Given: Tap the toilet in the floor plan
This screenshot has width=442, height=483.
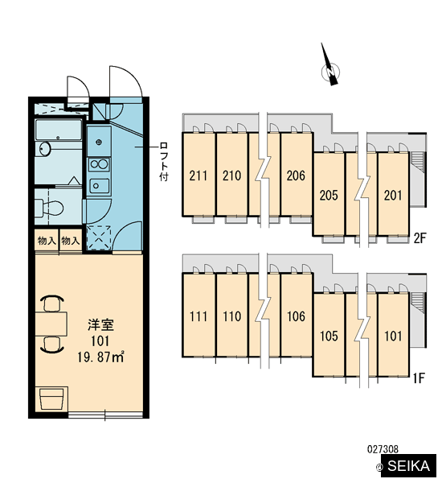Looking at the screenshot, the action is (x=49, y=208).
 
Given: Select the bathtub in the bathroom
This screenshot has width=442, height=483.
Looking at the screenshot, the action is (x=59, y=130).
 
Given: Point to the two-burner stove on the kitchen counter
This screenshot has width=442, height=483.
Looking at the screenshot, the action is (x=99, y=164).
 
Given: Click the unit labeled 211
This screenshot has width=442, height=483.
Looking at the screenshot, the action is (x=198, y=175).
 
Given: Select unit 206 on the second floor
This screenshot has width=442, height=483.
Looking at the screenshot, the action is (x=297, y=175).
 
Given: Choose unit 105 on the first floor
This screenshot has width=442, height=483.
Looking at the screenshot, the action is (x=329, y=335).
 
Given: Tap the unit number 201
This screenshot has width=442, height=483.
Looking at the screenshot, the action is (x=393, y=196).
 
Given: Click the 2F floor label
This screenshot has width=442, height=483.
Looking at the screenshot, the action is (x=419, y=237).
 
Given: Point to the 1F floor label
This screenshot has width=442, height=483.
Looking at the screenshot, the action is (x=419, y=378).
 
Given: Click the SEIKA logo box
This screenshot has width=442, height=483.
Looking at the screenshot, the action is (x=408, y=466).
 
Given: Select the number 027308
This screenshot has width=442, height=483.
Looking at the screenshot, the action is (x=383, y=449).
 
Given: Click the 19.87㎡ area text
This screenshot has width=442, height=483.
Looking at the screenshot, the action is (x=100, y=357).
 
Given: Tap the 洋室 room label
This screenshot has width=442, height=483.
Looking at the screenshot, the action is (x=101, y=324).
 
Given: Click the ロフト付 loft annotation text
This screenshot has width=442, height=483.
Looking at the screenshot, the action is (x=164, y=162).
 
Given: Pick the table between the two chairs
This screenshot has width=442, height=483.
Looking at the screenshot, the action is (x=51, y=324).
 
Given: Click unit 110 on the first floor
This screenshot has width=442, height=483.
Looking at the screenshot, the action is (x=231, y=316).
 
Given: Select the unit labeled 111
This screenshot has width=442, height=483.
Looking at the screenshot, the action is (x=198, y=316).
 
